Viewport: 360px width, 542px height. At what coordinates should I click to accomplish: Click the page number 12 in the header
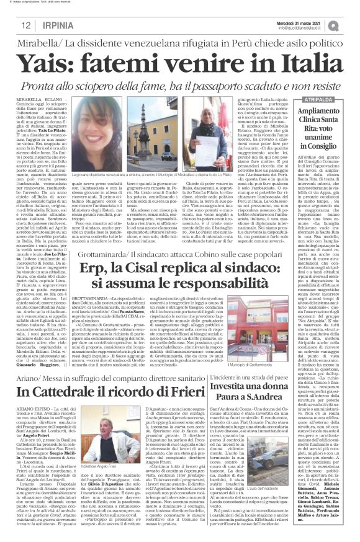[27, 25]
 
